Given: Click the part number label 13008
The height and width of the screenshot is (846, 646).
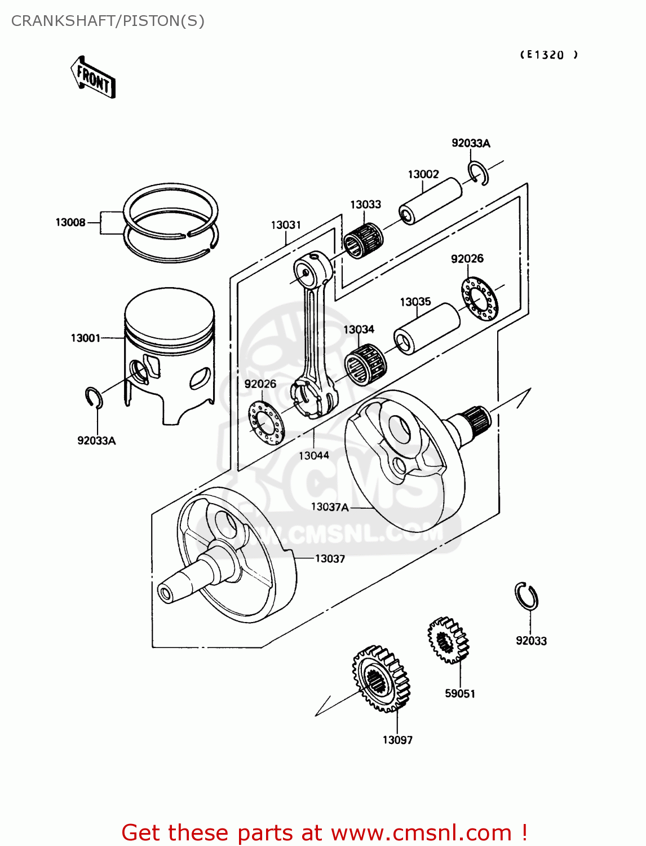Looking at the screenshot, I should (x=70, y=222).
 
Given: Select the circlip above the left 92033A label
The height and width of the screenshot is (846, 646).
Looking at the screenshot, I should (x=94, y=398).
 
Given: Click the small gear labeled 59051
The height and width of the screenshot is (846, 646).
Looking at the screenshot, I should (x=448, y=640).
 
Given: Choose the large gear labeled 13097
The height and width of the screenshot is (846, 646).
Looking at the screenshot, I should (x=381, y=678).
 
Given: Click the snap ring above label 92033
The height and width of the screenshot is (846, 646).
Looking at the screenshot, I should (x=526, y=596).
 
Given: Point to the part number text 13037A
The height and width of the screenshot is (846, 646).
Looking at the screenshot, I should (x=330, y=506).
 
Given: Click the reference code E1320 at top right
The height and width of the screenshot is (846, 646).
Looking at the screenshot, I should (x=548, y=55).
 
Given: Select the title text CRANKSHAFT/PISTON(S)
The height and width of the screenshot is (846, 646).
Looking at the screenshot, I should (x=108, y=21).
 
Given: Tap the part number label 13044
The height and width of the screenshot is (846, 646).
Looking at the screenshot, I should (x=313, y=455).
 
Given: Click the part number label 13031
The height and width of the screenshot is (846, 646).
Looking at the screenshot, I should (x=286, y=224).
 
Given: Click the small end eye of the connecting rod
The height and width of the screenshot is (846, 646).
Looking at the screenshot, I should (x=307, y=271).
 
